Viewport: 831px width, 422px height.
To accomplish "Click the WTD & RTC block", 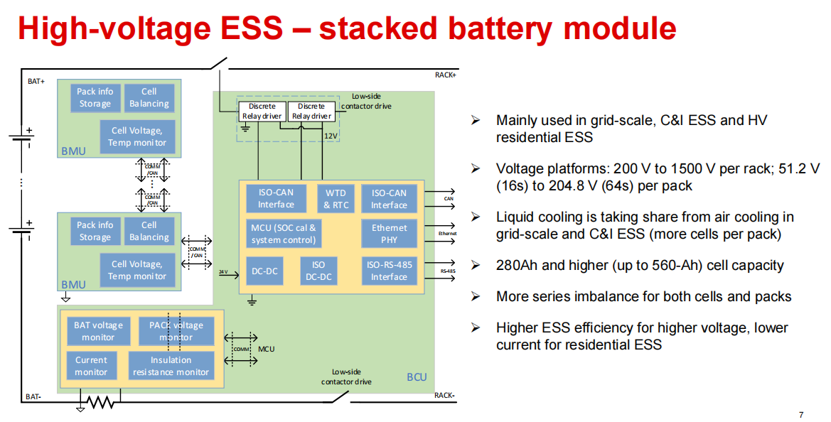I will click(336, 199).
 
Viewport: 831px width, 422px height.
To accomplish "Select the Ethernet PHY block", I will click(389, 234).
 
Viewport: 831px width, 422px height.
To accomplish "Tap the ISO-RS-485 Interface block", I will click(389, 271).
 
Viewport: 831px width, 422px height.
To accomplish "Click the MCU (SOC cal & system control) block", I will click(283, 234).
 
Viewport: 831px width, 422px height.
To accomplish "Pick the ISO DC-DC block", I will click(319, 271).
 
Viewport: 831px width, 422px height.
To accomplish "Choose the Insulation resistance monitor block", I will click(171, 366).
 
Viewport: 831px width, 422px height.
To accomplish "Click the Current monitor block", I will click(91, 366).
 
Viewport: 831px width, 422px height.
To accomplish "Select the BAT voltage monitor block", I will click(98, 331).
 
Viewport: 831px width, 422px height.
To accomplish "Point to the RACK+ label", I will click(446, 75).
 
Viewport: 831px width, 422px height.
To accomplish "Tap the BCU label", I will click(417, 377).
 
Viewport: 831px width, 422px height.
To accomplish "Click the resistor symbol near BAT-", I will click(100, 403).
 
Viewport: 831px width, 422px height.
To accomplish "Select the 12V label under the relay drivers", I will click(331, 135).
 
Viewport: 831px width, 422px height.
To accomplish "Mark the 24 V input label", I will click(223, 271).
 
